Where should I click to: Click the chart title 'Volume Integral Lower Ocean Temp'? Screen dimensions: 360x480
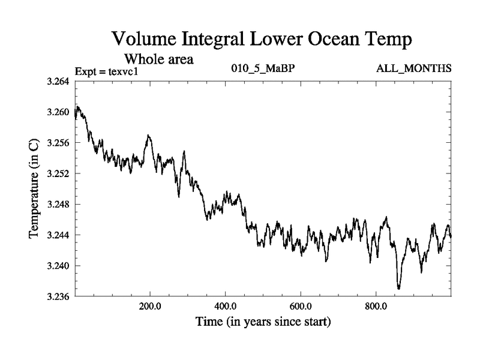[x=263, y=40]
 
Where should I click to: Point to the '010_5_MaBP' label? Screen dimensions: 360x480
[x=263, y=68]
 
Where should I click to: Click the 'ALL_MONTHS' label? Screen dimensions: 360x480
[x=413, y=69]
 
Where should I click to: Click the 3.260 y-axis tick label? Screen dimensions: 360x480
[x=59, y=112]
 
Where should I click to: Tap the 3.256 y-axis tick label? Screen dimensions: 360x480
[x=59, y=143]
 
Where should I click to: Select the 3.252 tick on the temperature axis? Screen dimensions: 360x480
[x=59, y=173]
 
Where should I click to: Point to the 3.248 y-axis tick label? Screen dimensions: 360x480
[x=59, y=204]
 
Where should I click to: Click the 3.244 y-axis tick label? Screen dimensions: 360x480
[x=59, y=235]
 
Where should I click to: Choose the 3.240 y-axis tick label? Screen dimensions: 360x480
[x=59, y=266]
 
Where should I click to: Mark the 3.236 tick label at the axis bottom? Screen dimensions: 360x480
[x=59, y=296]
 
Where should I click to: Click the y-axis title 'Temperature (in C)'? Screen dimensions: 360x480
[x=34, y=188]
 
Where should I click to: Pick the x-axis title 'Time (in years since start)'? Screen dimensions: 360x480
[x=263, y=322]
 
